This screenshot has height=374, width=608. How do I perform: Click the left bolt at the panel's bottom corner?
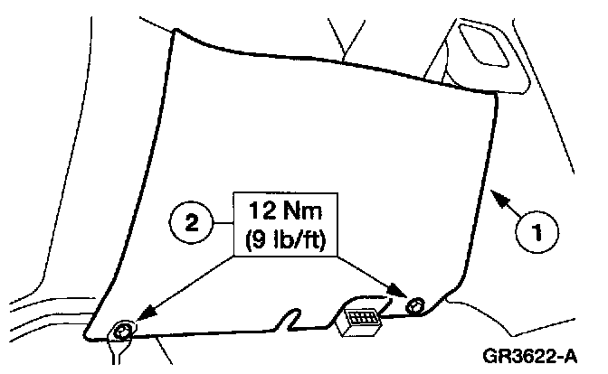coord(121,333)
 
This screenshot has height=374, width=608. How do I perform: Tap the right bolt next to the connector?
coord(415,303)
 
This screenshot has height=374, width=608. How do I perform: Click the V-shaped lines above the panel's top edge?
coord(345,41)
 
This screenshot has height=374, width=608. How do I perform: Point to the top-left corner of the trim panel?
coord(174,31)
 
